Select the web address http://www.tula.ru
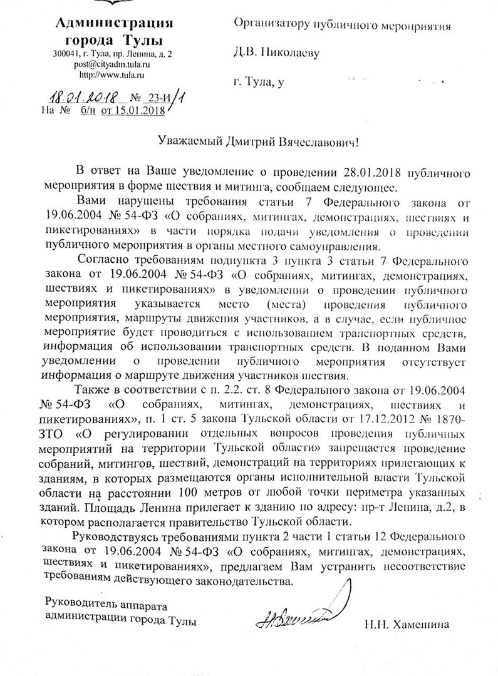pyautogui.click(x=113, y=74)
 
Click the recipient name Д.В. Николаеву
pyautogui.click(x=276, y=53)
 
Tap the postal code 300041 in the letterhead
pyautogui.click(x=67, y=54)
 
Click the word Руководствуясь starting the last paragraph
pyautogui.click(x=117, y=536)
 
